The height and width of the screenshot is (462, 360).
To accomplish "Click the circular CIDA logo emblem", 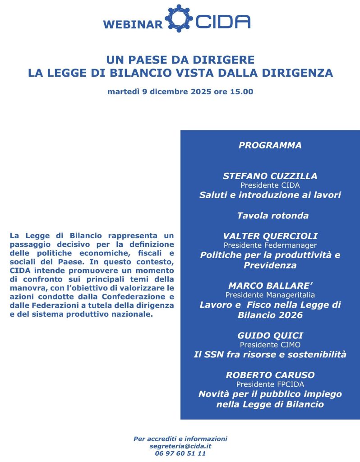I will [179, 18].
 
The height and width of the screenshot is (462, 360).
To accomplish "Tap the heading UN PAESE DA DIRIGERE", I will [180, 60].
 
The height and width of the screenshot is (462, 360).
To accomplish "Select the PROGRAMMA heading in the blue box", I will [270, 145].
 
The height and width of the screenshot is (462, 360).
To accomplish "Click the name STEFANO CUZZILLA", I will [270, 176].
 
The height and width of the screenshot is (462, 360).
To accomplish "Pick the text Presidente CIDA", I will [270, 185].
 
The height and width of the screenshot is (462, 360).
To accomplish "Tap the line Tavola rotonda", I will [272, 215].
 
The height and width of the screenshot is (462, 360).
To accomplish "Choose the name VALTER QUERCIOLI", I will [270, 236].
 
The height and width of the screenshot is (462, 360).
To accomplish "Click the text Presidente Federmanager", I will [270, 245].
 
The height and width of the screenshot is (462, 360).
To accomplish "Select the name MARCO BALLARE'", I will [270, 286].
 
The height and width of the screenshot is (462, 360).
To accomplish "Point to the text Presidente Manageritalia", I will [270, 295].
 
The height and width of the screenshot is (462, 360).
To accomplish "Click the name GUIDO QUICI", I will [270, 335].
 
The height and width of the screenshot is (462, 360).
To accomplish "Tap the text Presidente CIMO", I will [270, 344].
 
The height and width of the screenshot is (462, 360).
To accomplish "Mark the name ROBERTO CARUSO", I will [270, 375].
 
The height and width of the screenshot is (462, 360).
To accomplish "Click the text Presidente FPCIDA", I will [270, 384].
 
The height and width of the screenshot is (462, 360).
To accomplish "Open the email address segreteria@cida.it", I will [180, 446].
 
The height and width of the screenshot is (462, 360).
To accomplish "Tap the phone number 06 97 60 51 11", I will [180, 453].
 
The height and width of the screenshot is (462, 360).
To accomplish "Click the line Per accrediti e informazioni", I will [180, 439].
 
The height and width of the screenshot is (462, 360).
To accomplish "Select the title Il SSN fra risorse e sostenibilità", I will [270, 354].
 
